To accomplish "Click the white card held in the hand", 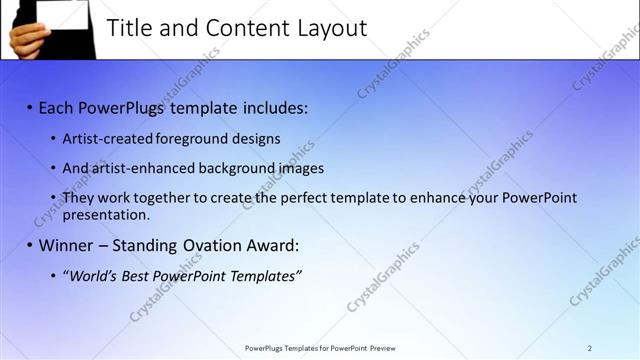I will tap(61, 14).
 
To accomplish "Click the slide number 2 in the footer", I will tap(589, 348).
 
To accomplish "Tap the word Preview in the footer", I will tap(383, 348).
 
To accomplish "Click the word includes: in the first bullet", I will tap(272, 107).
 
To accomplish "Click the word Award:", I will tap(272, 245).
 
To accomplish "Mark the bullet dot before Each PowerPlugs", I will tap(30, 107).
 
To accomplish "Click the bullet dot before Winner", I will tap(30, 245).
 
